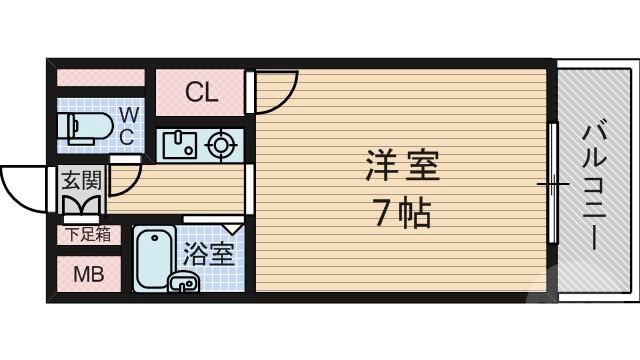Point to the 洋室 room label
pos(402,166)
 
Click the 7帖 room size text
pos(402,213)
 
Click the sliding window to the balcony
pos(551,186)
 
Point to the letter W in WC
pos(130,115)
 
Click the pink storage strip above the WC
pos(100,77)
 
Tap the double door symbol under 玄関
pos(80,205)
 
